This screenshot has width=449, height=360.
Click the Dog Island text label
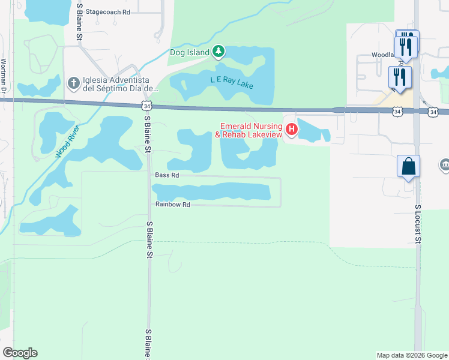190,52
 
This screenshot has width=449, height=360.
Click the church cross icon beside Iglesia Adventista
73,83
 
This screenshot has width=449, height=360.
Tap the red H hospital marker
292,129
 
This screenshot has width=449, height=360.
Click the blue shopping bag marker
408,166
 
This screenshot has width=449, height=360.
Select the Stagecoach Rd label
108,12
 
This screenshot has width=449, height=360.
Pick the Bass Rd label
167,176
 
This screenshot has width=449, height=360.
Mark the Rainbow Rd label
172,205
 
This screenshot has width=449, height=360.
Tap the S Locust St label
419,224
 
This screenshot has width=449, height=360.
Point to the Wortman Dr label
4,76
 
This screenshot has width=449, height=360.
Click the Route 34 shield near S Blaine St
147,106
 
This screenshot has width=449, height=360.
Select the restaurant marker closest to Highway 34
400,76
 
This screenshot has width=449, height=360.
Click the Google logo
20,353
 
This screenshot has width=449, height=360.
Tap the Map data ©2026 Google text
411,355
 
